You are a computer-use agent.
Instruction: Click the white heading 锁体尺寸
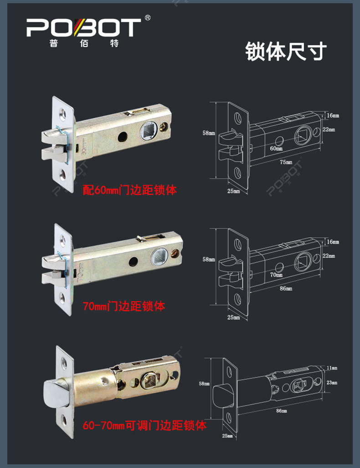pos(286,52)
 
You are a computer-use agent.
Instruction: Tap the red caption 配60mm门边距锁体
pos(130,190)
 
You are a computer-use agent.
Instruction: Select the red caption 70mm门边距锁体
pos(124,306)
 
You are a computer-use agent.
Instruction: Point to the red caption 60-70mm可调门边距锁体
pos(144,425)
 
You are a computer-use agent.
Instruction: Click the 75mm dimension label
pos(286,162)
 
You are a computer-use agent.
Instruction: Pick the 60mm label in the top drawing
pos(276,148)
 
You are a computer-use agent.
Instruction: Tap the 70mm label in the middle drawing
pos(276,275)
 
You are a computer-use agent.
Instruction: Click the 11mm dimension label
pos(332,368)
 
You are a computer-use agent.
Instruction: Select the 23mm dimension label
pos(332,382)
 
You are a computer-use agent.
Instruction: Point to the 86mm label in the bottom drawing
pos(282,411)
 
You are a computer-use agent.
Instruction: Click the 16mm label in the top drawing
pos(333,115)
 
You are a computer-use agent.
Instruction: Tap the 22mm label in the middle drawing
pos(329,256)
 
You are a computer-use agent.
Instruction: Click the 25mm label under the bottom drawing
pos(227,436)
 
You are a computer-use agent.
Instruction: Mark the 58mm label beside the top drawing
pos(209,133)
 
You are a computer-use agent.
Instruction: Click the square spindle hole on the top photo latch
pos(149,130)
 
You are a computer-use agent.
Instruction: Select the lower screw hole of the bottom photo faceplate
pos(64,420)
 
